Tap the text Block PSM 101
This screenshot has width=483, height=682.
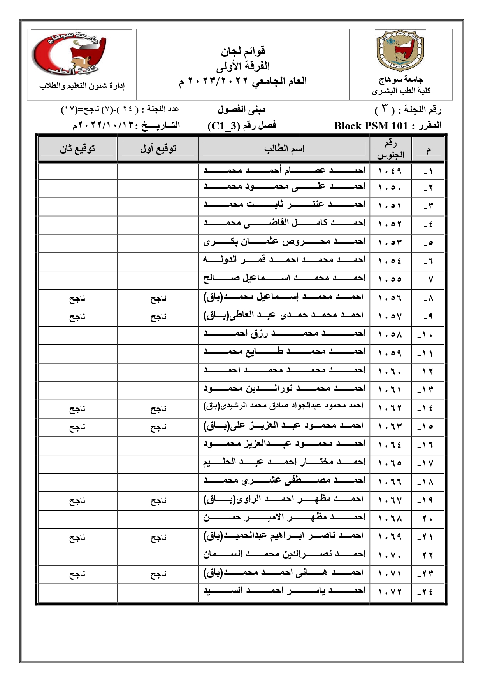tap(371, 126)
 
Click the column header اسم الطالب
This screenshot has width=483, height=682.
tap(284, 149)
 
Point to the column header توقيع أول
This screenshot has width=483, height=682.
tap(158, 149)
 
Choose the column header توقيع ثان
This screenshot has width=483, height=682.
tap(77, 149)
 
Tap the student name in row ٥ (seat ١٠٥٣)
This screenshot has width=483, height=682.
tap(284, 242)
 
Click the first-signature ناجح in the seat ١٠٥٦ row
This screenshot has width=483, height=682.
tap(158, 299)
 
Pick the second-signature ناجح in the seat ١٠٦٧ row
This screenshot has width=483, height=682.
tap(77, 501)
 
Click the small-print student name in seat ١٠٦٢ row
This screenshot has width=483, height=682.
tap(283, 406)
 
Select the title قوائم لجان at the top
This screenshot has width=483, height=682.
tap(243, 51)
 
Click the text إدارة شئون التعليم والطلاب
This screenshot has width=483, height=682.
tap(82, 86)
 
